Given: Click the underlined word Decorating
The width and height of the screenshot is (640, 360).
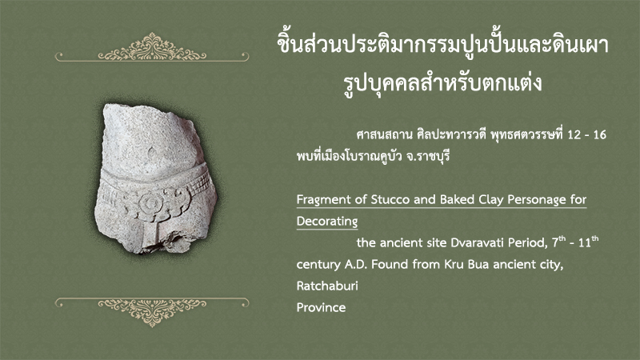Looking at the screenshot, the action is (327, 222).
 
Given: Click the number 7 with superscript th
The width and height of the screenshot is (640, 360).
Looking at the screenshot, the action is (558, 242).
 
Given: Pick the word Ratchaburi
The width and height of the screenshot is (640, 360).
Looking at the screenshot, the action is (327, 286).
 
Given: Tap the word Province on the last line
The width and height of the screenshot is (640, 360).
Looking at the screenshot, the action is (321, 307).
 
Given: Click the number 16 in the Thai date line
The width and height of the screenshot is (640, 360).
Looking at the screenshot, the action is (599, 134).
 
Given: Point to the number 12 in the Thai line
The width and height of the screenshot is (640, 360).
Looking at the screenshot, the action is (574, 134).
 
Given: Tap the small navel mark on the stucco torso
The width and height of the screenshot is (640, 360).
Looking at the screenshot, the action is (151, 154).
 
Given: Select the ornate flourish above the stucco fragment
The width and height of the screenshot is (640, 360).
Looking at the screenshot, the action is (152, 48).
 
